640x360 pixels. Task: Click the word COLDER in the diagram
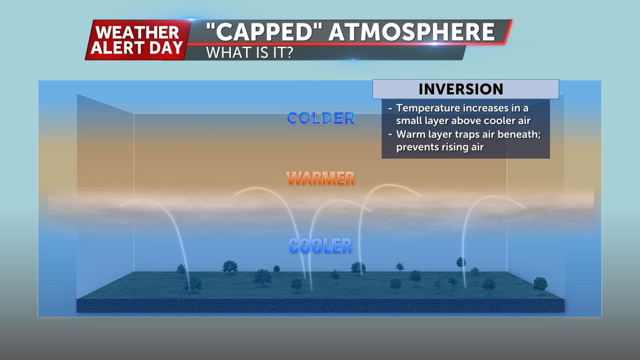321,118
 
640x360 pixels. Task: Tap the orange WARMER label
321,179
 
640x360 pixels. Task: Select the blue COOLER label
321,246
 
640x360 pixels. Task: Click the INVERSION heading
461,89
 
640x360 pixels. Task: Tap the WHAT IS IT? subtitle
250,53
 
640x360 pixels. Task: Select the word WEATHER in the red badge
138,33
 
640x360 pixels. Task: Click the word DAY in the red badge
166,47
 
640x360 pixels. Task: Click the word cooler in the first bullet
499,121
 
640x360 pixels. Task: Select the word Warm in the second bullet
409,134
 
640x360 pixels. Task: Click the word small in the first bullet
409,121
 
